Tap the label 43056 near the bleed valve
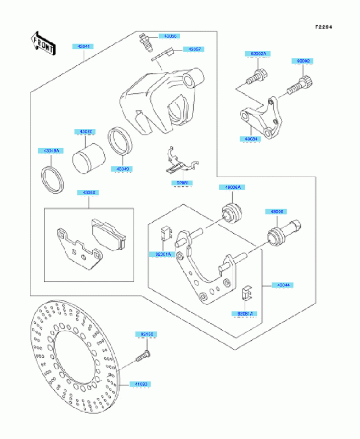click(168, 36)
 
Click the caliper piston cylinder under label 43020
click(88, 155)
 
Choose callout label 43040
click(123, 170)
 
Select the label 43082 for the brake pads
click(89, 193)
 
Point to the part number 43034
click(251, 139)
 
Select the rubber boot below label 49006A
click(231, 213)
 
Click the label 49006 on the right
click(275, 211)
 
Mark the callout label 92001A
click(161, 255)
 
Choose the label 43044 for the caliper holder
click(283, 285)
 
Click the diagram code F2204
click(324, 26)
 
